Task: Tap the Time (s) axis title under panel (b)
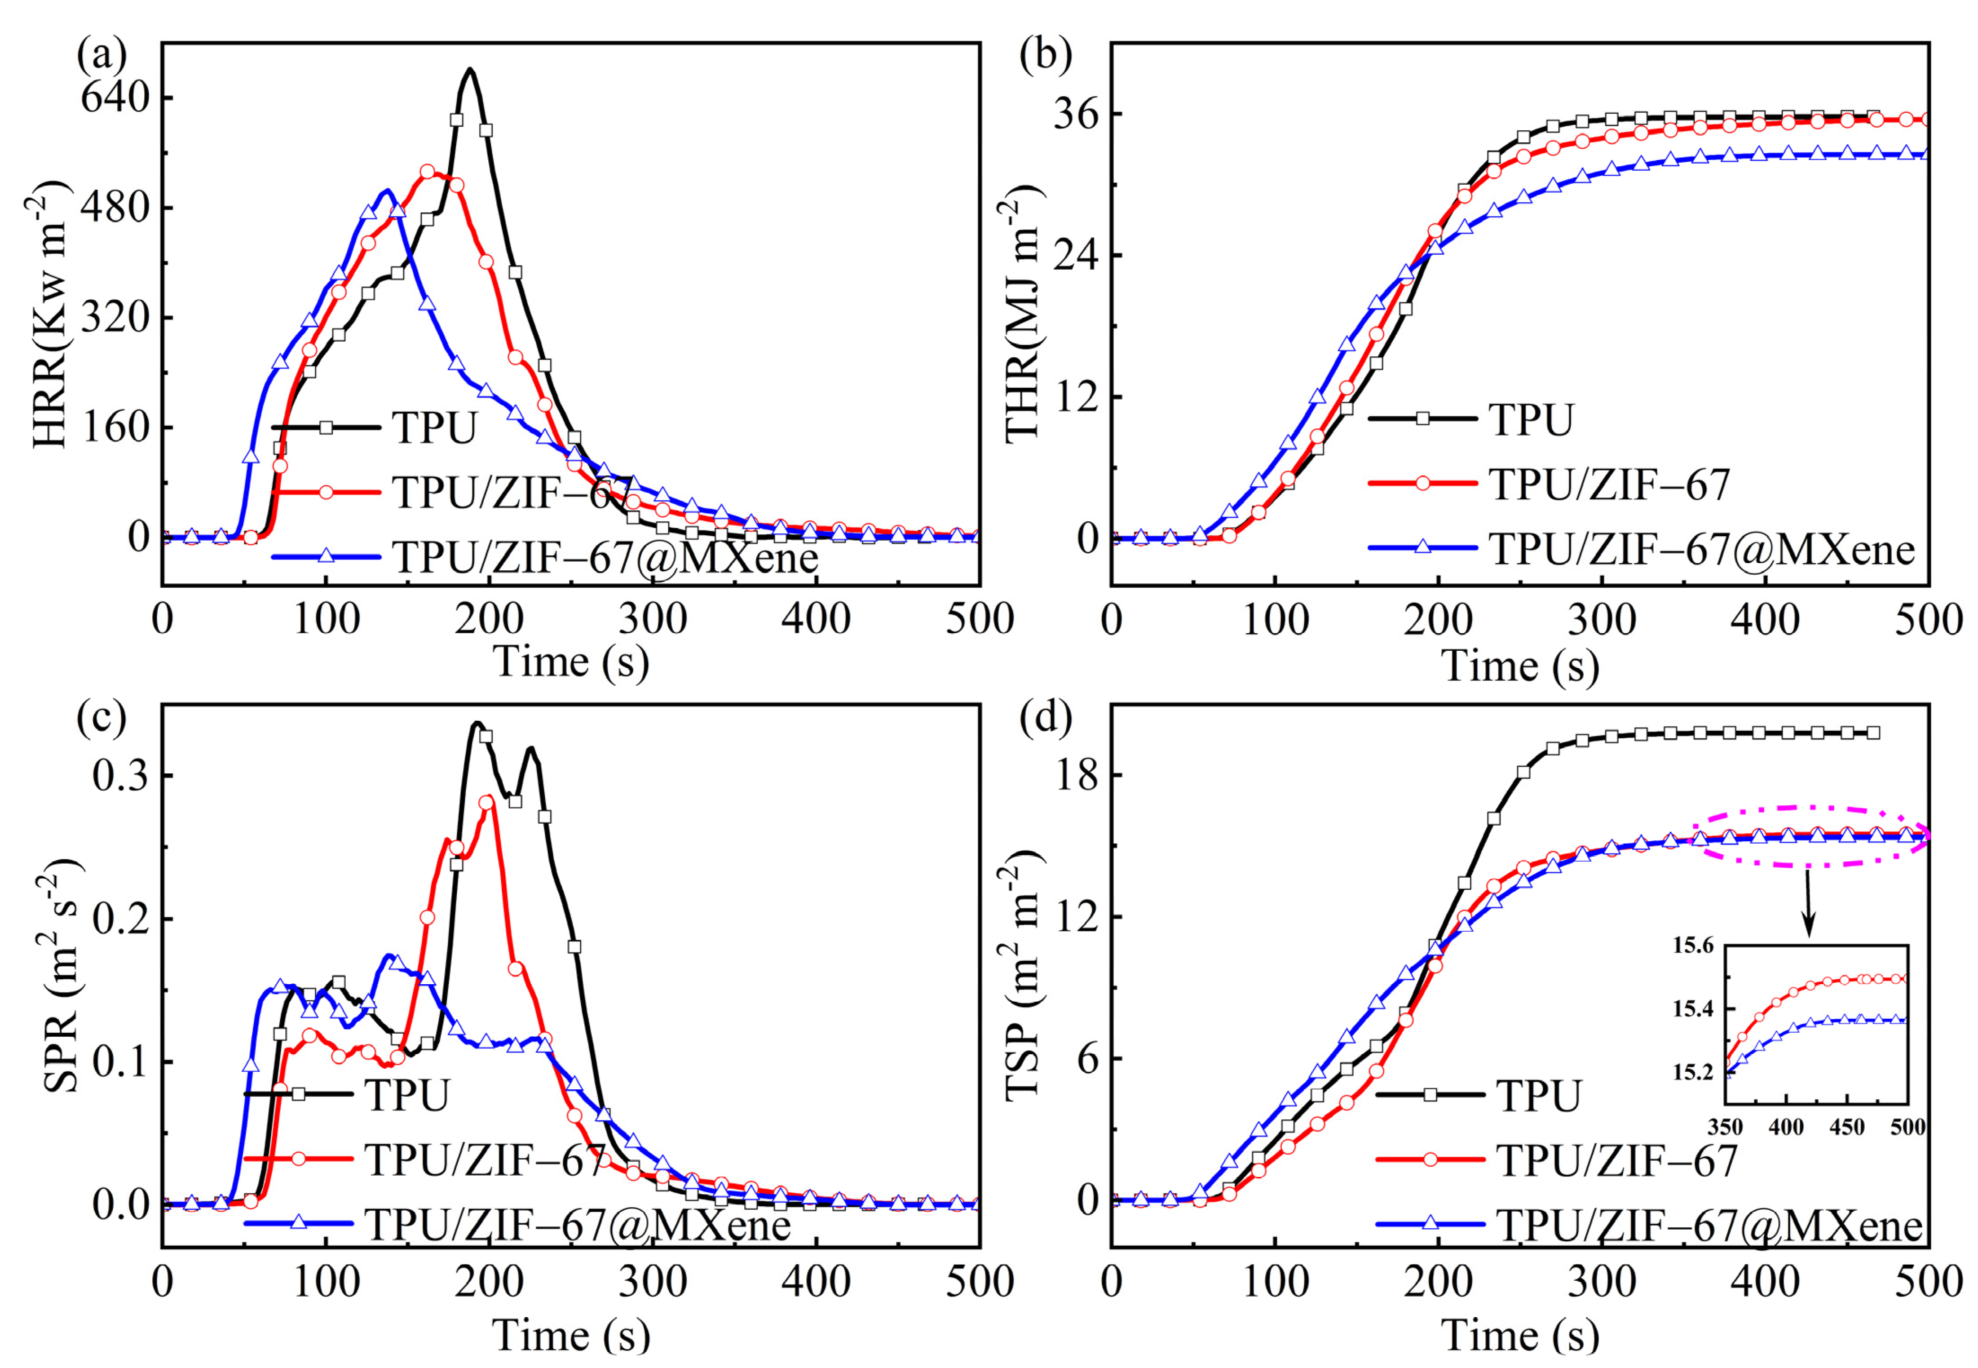[1520, 666]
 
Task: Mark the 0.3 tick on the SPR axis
[120, 776]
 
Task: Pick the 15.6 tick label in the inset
[1694, 946]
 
